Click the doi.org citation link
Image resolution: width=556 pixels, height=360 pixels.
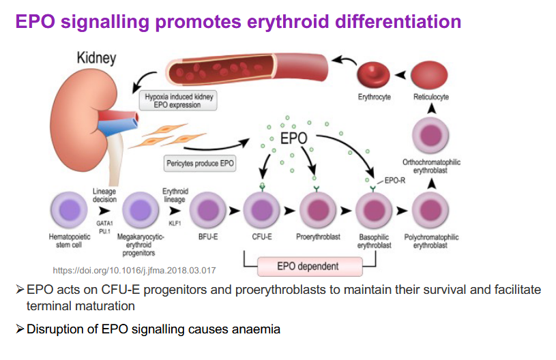point(134,270)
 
